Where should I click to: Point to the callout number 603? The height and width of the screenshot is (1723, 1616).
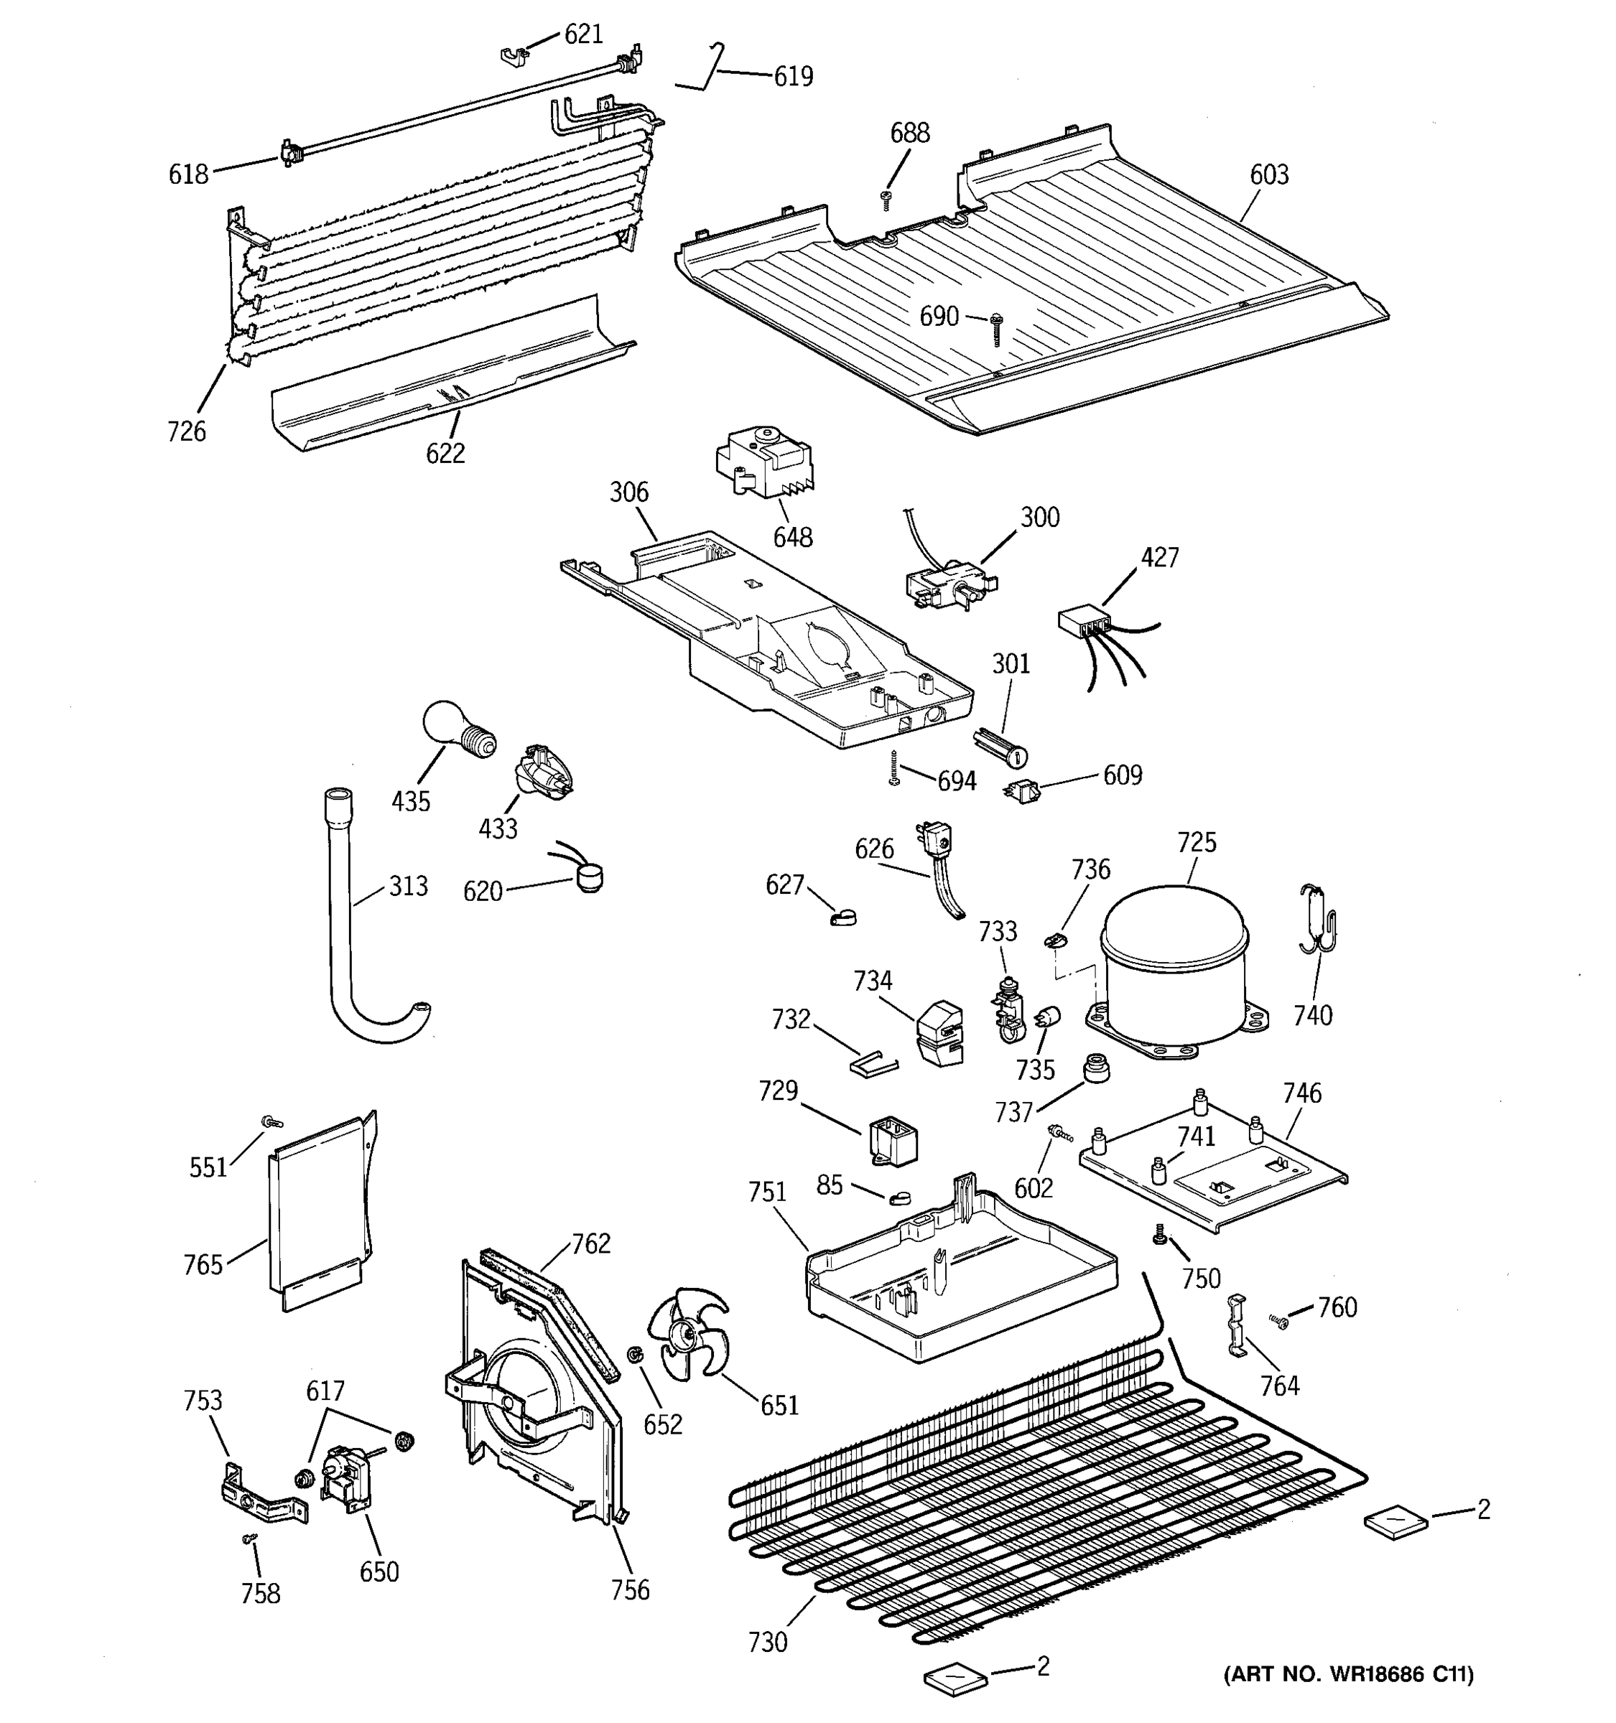click(x=1268, y=175)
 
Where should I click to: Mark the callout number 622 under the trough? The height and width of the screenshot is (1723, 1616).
click(x=445, y=453)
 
